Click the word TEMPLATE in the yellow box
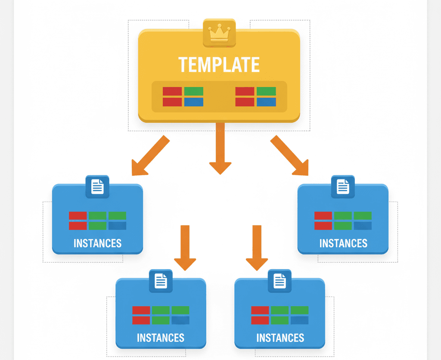point(219,65)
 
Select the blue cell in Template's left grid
point(193,102)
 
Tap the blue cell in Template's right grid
point(266,102)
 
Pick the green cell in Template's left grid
point(193,91)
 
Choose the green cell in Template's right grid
point(266,91)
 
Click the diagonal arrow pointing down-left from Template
point(149,156)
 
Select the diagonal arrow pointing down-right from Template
point(290,156)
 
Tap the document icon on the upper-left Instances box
point(97,187)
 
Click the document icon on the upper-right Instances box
point(343,187)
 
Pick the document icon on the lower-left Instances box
point(161,281)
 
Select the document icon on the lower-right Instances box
point(280,281)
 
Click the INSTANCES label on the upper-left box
point(97,243)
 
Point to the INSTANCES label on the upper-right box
point(343,243)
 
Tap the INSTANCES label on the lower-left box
point(161,338)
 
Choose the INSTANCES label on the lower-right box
point(280,338)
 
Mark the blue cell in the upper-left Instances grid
point(117,226)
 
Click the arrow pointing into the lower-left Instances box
point(185,248)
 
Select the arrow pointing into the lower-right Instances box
point(257,248)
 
